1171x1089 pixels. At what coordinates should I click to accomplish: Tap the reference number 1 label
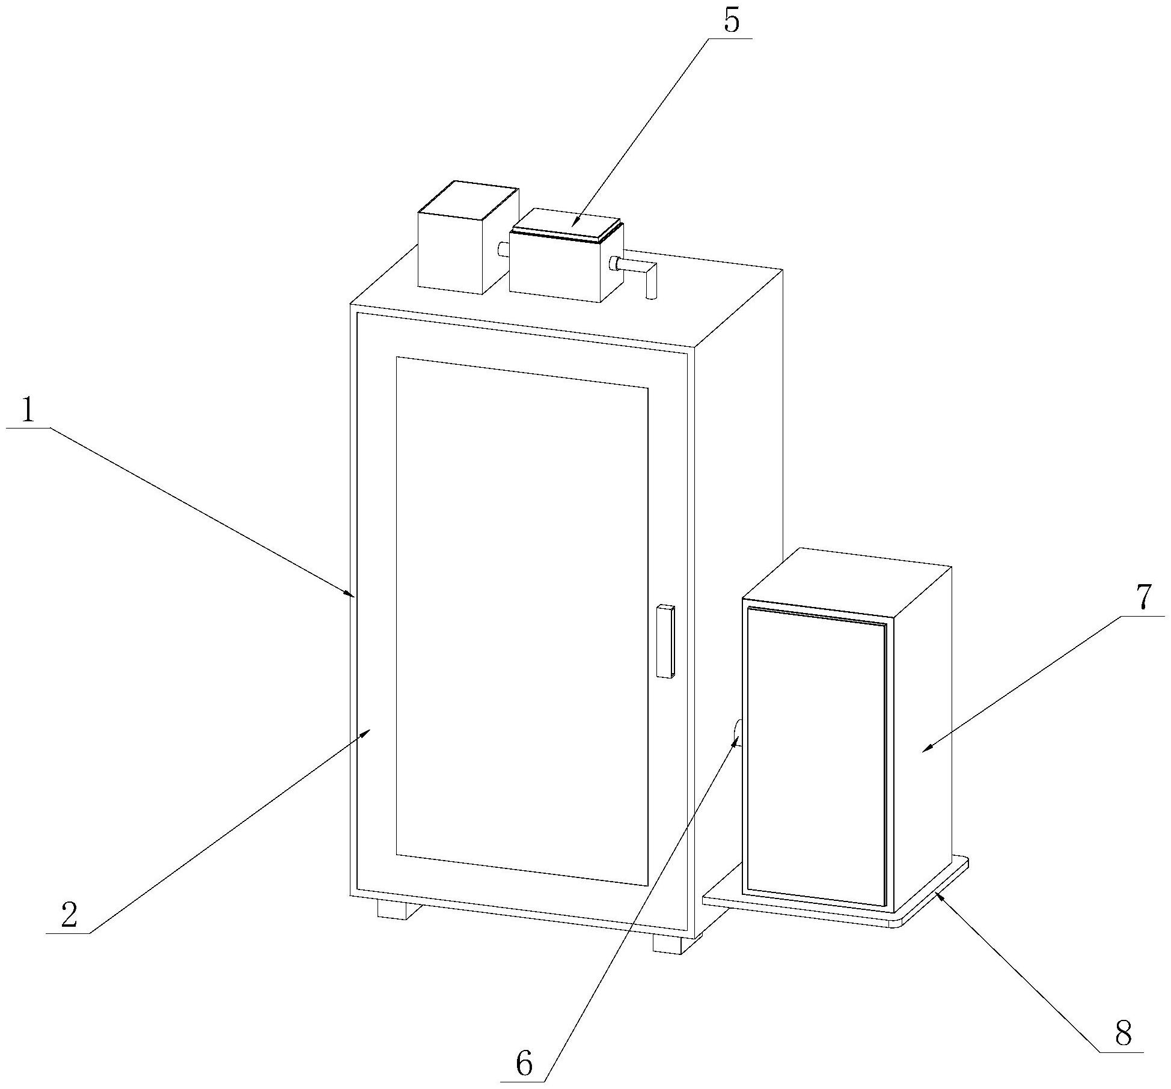28,412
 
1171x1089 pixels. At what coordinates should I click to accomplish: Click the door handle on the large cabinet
665,641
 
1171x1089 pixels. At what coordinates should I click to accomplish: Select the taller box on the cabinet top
460,240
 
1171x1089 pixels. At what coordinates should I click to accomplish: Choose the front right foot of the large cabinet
668,944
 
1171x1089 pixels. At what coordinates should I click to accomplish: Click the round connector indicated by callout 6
738,733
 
